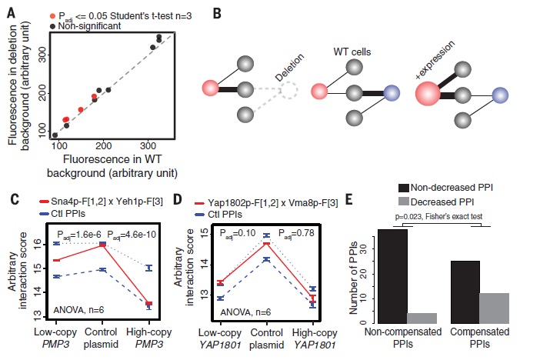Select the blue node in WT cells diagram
392,93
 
